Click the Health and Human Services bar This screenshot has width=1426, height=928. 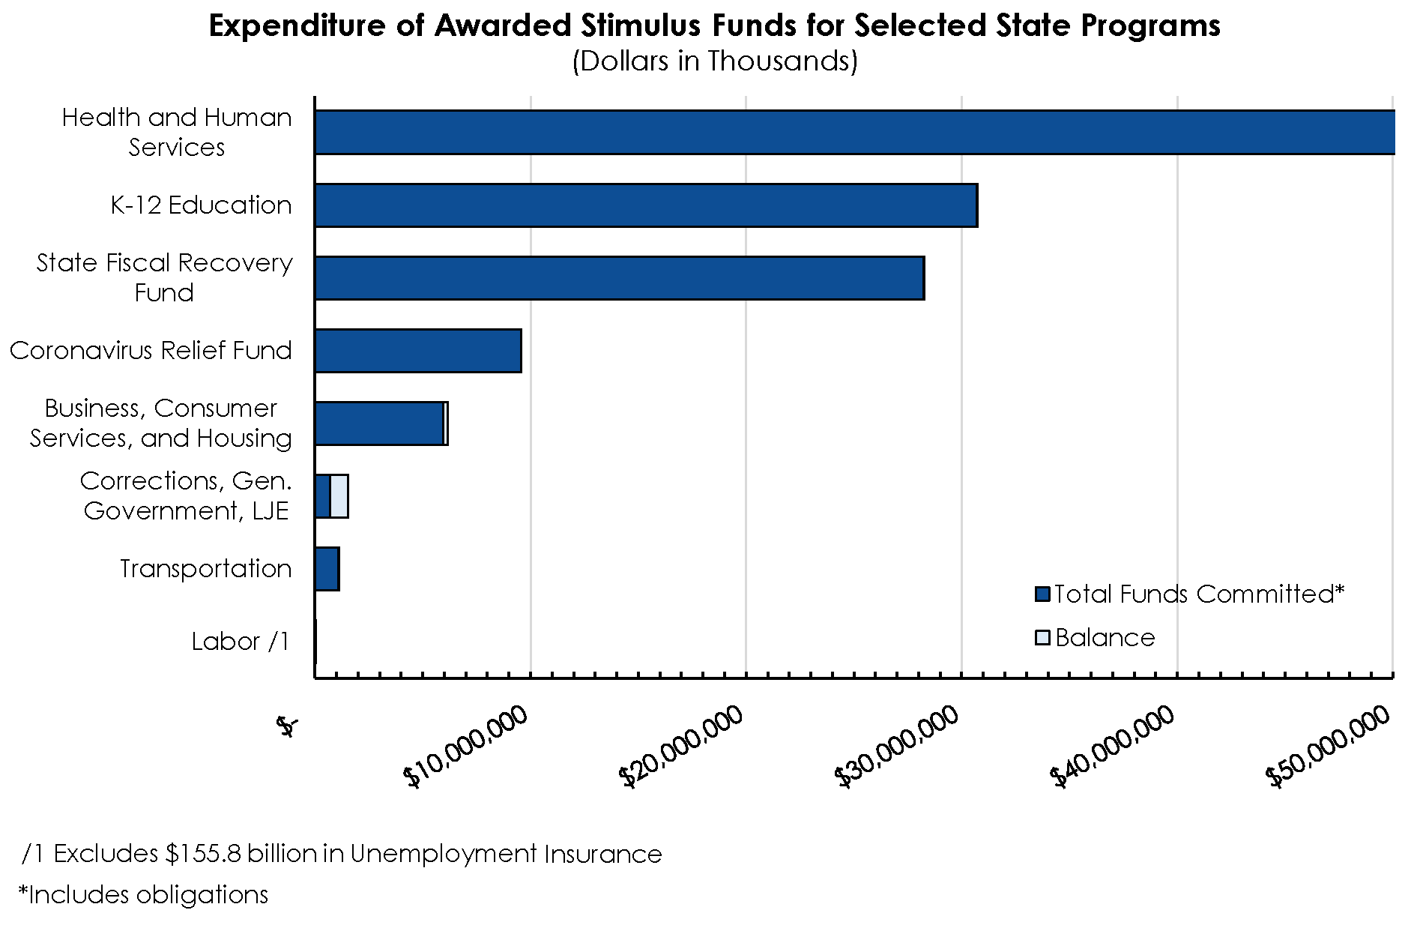click(854, 133)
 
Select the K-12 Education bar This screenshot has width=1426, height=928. click(646, 205)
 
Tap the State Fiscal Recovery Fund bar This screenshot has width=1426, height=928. click(619, 278)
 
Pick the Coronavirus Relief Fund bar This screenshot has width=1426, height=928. click(418, 351)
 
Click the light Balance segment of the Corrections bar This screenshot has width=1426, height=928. click(339, 496)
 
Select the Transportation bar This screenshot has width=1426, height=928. click(327, 569)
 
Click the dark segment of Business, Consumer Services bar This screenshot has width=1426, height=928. click(379, 424)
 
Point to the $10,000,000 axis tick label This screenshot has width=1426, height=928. click(466, 747)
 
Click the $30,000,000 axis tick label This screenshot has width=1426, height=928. click(898, 747)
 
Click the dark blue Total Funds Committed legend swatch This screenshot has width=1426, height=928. click(1042, 594)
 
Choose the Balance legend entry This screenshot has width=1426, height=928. click(1105, 638)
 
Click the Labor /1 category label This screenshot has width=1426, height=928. click(241, 642)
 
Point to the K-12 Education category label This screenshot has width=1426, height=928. click(201, 205)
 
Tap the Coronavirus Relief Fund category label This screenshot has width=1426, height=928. click(151, 351)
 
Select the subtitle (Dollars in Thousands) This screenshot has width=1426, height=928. click(714, 61)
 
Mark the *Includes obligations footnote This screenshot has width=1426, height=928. click(144, 894)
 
